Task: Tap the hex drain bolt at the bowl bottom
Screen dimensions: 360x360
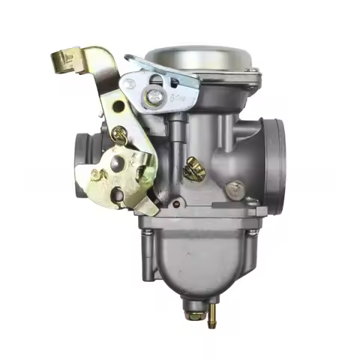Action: [x=193, y=305]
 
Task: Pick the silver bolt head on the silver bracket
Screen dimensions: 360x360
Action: [x=154, y=95]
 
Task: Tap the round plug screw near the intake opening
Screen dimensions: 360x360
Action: [x=235, y=190]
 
